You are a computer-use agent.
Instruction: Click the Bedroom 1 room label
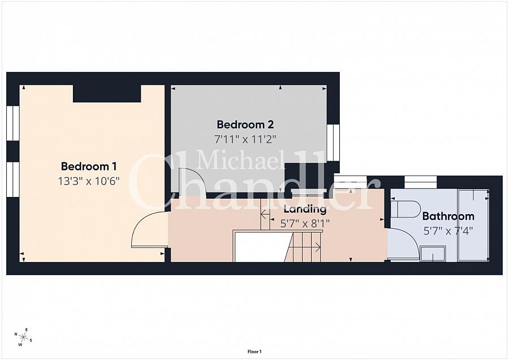(x=89, y=166)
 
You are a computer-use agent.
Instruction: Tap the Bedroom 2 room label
(x=245, y=125)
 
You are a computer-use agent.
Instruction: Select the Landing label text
(x=305, y=209)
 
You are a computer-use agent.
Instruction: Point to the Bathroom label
(x=448, y=216)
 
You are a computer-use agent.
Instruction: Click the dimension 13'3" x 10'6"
(x=89, y=181)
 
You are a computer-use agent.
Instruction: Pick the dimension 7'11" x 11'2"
(x=245, y=139)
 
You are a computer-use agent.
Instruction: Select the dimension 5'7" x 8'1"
(x=305, y=224)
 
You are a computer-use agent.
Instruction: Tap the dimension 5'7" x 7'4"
(x=448, y=231)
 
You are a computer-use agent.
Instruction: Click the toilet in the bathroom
(x=406, y=209)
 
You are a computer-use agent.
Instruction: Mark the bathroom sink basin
(x=433, y=254)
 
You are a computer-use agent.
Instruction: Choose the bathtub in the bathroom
(x=473, y=225)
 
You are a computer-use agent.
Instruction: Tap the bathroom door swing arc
(x=409, y=237)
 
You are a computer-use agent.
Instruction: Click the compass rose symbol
(x=23, y=337)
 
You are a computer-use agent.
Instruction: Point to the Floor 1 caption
(x=255, y=352)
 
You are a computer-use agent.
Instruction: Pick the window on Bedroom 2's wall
(x=333, y=143)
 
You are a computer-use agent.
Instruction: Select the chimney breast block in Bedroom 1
(x=107, y=93)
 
